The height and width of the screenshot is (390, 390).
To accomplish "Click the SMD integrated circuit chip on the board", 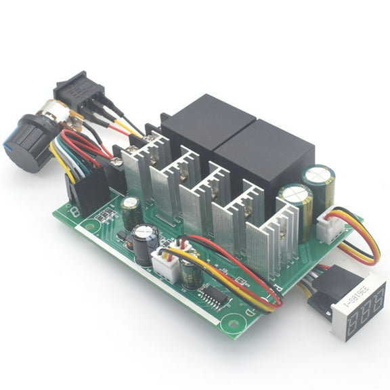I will point(215,295).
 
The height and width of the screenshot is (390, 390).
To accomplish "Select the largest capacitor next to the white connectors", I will point(144,244).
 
